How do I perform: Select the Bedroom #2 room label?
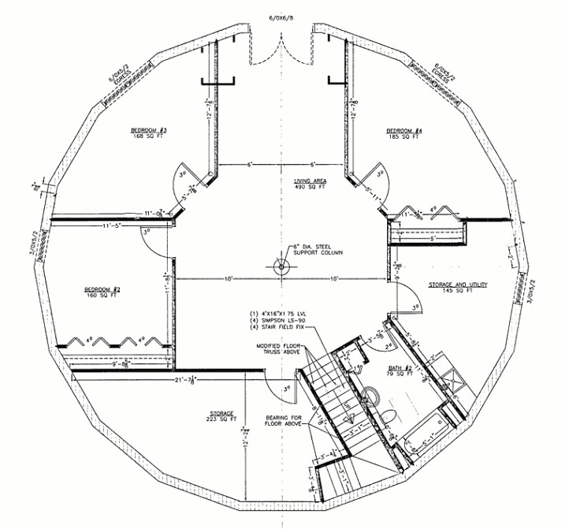[101, 289]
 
